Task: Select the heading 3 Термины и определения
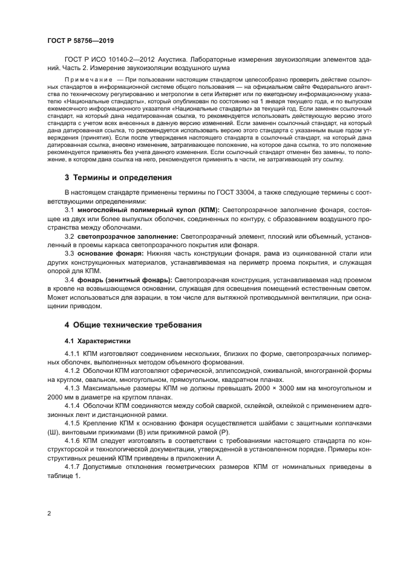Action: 118,178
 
